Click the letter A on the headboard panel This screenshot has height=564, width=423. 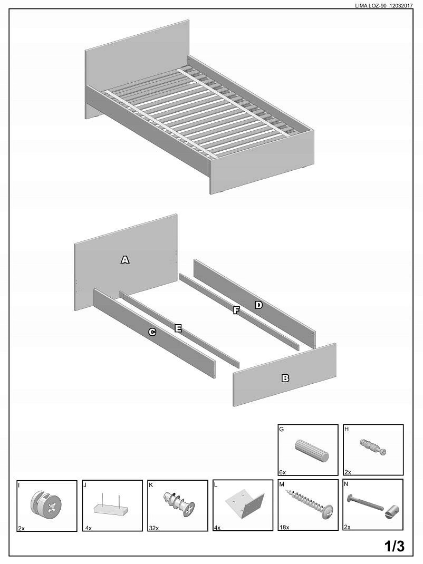[x=125, y=260]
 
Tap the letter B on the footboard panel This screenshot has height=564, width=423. [x=285, y=378]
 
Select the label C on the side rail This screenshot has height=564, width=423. [x=152, y=332]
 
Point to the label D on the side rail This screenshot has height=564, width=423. [x=258, y=305]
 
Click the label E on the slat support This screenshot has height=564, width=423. [x=178, y=328]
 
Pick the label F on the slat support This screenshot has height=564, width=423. [x=236, y=310]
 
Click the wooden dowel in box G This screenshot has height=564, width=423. [x=312, y=451]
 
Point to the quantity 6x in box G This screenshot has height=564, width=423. [x=282, y=472]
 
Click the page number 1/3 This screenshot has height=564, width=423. [x=395, y=547]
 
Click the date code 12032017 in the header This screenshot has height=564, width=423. [x=401, y=6]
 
